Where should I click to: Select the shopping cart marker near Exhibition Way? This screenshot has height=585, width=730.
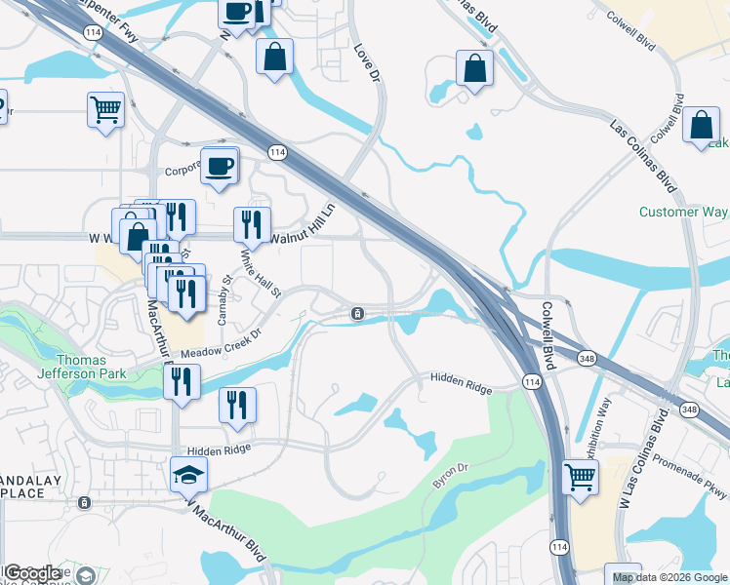pyautogui.click(x=581, y=479)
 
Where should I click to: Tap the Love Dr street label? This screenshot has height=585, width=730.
pyautogui.click(x=366, y=62)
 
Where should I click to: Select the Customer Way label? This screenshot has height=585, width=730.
pyautogui.click(x=683, y=212)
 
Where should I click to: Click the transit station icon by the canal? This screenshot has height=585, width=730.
pyautogui.click(x=358, y=313)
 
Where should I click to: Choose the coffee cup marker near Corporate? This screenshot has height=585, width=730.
pyautogui.click(x=219, y=165)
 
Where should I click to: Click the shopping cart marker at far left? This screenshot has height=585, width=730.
pyautogui.click(x=105, y=109)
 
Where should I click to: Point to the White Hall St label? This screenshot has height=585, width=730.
pyautogui.click(x=261, y=274)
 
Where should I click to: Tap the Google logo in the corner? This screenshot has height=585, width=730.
pyautogui.click(x=31, y=573)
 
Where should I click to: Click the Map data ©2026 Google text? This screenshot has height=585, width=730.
pyautogui.click(x=669, y=577)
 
